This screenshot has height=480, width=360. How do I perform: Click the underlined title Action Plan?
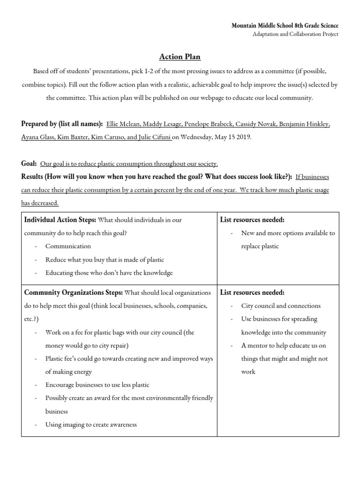pos(180,57)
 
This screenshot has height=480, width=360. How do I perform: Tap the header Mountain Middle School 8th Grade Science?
pos(285,25)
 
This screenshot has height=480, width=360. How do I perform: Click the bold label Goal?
pos(29,164)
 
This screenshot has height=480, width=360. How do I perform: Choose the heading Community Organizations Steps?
pos(73,292)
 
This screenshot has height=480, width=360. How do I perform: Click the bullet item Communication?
pos(68,246)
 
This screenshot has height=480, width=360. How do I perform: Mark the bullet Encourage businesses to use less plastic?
pos(97,385)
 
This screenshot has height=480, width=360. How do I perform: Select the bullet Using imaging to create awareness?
pos(91,425)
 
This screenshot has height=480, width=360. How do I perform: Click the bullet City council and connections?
pos(281,306)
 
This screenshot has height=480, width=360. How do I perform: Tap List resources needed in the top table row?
pos(252,220)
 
